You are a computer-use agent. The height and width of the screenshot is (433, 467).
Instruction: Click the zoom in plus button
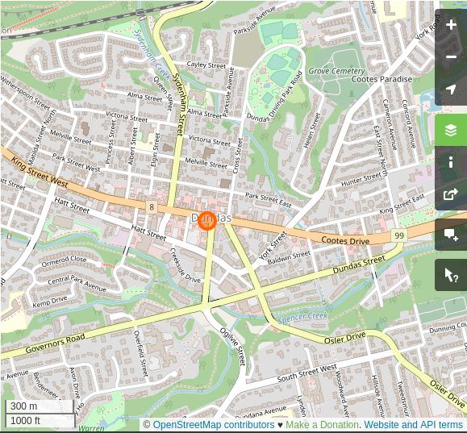tap(451, 25)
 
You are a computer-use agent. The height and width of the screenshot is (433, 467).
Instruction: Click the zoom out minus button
tap(451, 57)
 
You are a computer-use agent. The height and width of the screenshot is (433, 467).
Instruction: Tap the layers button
tap(451, 130)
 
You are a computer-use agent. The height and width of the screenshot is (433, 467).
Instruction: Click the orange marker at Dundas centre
tap(207, 219)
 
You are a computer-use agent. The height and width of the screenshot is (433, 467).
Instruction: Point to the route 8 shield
tap(152, 207)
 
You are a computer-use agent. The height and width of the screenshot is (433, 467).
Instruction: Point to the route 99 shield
tap(399, 235)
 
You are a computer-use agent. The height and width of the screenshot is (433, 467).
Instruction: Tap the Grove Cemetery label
tap(336, 71)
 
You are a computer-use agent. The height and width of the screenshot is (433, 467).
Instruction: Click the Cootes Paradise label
tap(382, 80)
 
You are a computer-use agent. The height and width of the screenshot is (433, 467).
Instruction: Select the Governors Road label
tap(55, 344)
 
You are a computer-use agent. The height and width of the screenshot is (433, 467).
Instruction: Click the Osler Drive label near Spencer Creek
tap(345, 338)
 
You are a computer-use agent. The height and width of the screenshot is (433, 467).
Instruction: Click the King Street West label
tap(40, 173)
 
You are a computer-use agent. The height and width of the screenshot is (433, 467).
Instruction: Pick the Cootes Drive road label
tap(345, 240)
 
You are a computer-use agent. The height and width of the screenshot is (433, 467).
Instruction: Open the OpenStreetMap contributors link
tap(213, 425)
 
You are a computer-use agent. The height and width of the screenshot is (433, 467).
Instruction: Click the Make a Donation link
tap(322, 425)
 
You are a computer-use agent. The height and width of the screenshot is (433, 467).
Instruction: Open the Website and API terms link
tap(413, 425)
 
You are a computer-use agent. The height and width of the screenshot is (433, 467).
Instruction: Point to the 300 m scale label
tap(23, 406)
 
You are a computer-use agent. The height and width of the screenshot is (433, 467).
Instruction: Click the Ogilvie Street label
tap(234, 346)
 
